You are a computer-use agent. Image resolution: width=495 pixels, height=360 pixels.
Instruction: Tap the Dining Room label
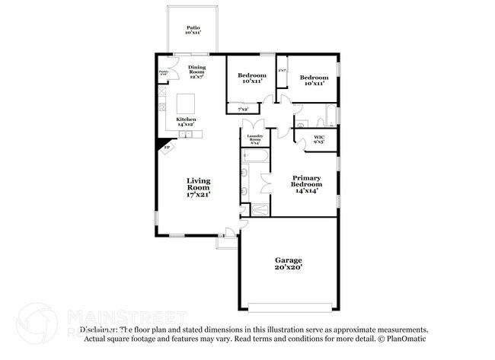tap(197, 72)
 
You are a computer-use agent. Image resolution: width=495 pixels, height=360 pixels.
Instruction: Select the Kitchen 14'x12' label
tap(187, 121)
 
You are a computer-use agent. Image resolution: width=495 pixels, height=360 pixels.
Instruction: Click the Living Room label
tap(199, 186)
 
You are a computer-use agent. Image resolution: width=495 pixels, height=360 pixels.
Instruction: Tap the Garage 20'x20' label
tap(288, 263)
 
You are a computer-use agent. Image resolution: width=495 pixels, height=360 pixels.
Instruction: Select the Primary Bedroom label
tap(307, 183)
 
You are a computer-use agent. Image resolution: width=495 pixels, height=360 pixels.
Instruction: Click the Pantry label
tap(163, 73)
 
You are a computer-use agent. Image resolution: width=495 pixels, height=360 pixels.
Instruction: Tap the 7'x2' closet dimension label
tap(243, 109)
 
